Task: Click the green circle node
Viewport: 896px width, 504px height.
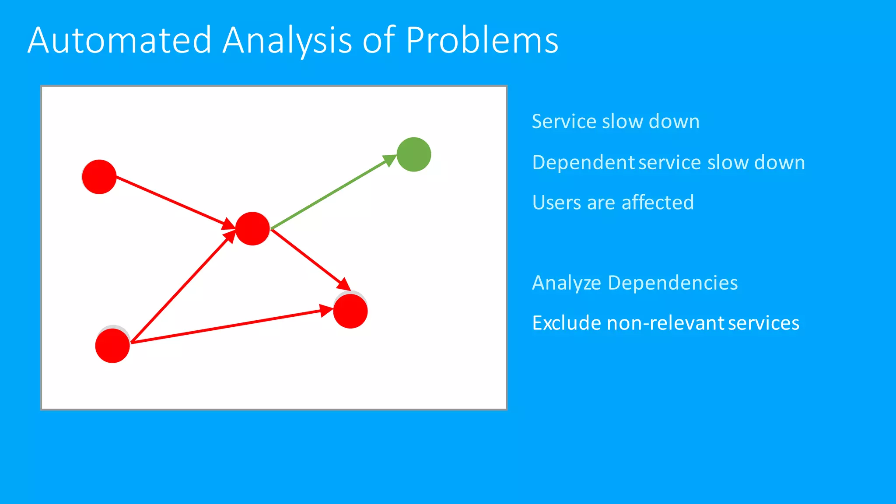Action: click(x=414, y=154)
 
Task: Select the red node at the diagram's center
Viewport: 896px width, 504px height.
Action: click(x=252, y=228)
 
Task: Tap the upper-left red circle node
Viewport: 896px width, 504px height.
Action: click(x=99, y=177)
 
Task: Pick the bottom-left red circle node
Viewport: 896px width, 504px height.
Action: click(x=112, y=346)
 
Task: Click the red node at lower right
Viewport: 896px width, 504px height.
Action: click(x=350, y=311)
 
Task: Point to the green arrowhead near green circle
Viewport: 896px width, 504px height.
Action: click(x=390, y=160)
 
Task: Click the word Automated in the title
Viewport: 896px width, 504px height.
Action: click(x=119, y=40)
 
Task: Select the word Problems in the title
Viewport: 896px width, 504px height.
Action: click(x=482, y=40)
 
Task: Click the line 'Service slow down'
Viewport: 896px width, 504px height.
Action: click(x=615, y=122)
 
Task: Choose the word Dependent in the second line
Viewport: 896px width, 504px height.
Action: click(x=583, y=163)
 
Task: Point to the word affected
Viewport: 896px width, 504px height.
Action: click(x=658, y=203)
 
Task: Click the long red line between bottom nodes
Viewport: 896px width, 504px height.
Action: click(x=227, y=326)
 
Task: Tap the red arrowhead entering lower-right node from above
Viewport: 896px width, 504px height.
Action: click(x=344, y=284)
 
